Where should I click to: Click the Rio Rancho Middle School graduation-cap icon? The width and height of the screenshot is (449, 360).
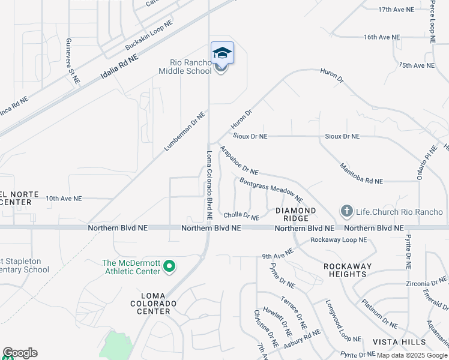coord(222,53)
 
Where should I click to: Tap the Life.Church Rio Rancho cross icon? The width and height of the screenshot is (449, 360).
coord(346,211)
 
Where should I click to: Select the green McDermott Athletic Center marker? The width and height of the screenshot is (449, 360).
coord(169,266)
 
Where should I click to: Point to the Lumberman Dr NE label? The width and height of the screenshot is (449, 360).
coord(185,131)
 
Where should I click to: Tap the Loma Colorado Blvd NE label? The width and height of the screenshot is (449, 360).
coord(209,184)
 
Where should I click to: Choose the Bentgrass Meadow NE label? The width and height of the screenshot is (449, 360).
coord(271,189)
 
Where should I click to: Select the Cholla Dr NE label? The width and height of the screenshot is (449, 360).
coord(241,215)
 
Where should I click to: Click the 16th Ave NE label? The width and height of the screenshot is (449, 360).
coord(381,37)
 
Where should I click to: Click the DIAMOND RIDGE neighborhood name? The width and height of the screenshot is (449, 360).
coord(295,215)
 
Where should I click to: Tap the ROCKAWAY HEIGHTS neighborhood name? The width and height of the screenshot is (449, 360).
coord(348,269)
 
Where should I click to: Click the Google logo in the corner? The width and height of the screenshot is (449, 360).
coord(20,353)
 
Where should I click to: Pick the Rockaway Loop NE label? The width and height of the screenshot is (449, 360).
coord(338,240)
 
